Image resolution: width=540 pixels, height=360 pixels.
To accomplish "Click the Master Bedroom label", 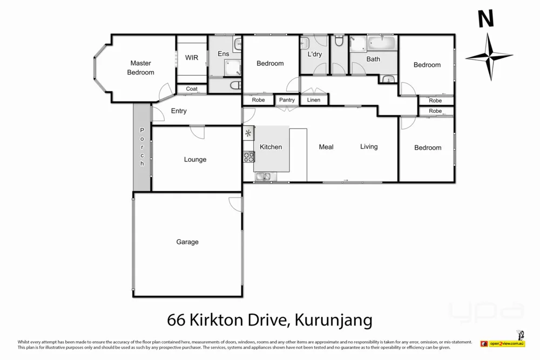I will [140, 67].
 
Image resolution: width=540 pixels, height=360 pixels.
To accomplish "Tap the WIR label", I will [192, 58].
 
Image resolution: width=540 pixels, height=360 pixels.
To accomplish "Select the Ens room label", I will [223, 53].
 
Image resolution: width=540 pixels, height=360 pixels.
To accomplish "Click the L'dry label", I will [314, 55].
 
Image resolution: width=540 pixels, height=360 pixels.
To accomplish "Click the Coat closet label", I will [192, 89].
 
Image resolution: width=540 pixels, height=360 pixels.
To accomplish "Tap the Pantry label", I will [287, 100].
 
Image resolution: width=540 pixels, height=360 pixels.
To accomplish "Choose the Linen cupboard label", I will [313, 100].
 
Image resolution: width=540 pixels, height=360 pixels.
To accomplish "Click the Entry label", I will [179, 111].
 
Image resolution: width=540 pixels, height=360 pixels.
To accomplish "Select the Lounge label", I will [195, 160].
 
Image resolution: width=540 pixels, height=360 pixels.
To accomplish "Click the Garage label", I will [187, 242].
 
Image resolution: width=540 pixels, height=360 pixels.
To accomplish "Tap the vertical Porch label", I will [143, 147].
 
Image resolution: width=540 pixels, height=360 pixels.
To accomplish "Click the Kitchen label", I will [271, 147].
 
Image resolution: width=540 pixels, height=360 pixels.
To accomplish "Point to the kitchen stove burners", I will [249, 157].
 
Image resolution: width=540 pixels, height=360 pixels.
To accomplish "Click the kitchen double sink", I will [265, 176].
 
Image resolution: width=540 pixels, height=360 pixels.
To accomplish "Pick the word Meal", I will [326, 147].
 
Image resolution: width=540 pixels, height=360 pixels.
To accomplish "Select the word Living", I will [369, 147].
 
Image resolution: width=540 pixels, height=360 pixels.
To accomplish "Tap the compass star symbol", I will [489, 57].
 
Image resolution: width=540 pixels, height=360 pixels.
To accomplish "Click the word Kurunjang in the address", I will [334, 321].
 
